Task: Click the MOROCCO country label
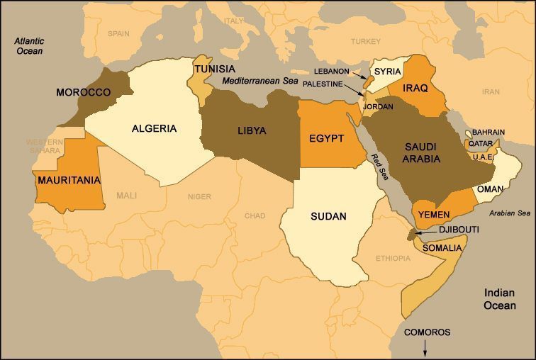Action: click(83, 93)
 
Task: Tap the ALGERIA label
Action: click(154, 128)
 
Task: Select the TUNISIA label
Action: click(215, 69)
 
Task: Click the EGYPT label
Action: click(327, 138)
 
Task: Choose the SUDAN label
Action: click(328, 216)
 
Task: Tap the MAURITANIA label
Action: click(68, 180)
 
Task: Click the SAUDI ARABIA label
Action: click(423, 152)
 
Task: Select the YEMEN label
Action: click(435, 215)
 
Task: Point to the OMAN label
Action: click(490, 189)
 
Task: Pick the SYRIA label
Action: click(388, 72)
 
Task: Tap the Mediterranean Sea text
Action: click(260, 81)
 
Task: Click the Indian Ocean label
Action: click(501, 298)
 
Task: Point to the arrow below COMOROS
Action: click(425, 347)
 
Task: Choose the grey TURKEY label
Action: click(365, 41)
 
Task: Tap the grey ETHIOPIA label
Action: click(393, 259)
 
